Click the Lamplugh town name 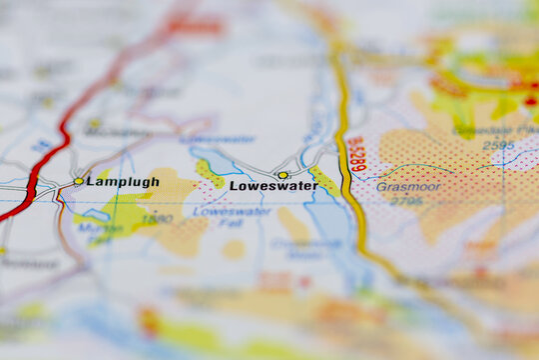coord(122,182)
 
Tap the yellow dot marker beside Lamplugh coord(79,181)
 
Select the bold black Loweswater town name coord(273,186)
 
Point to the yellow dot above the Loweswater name coord(282,175)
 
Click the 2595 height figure coord(498,146)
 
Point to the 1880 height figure coord(157,218)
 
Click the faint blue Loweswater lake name coord(217,139)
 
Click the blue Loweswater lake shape coord(222,163)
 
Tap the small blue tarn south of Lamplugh coord(98,214)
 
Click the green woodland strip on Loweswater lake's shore coord(209,173)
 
